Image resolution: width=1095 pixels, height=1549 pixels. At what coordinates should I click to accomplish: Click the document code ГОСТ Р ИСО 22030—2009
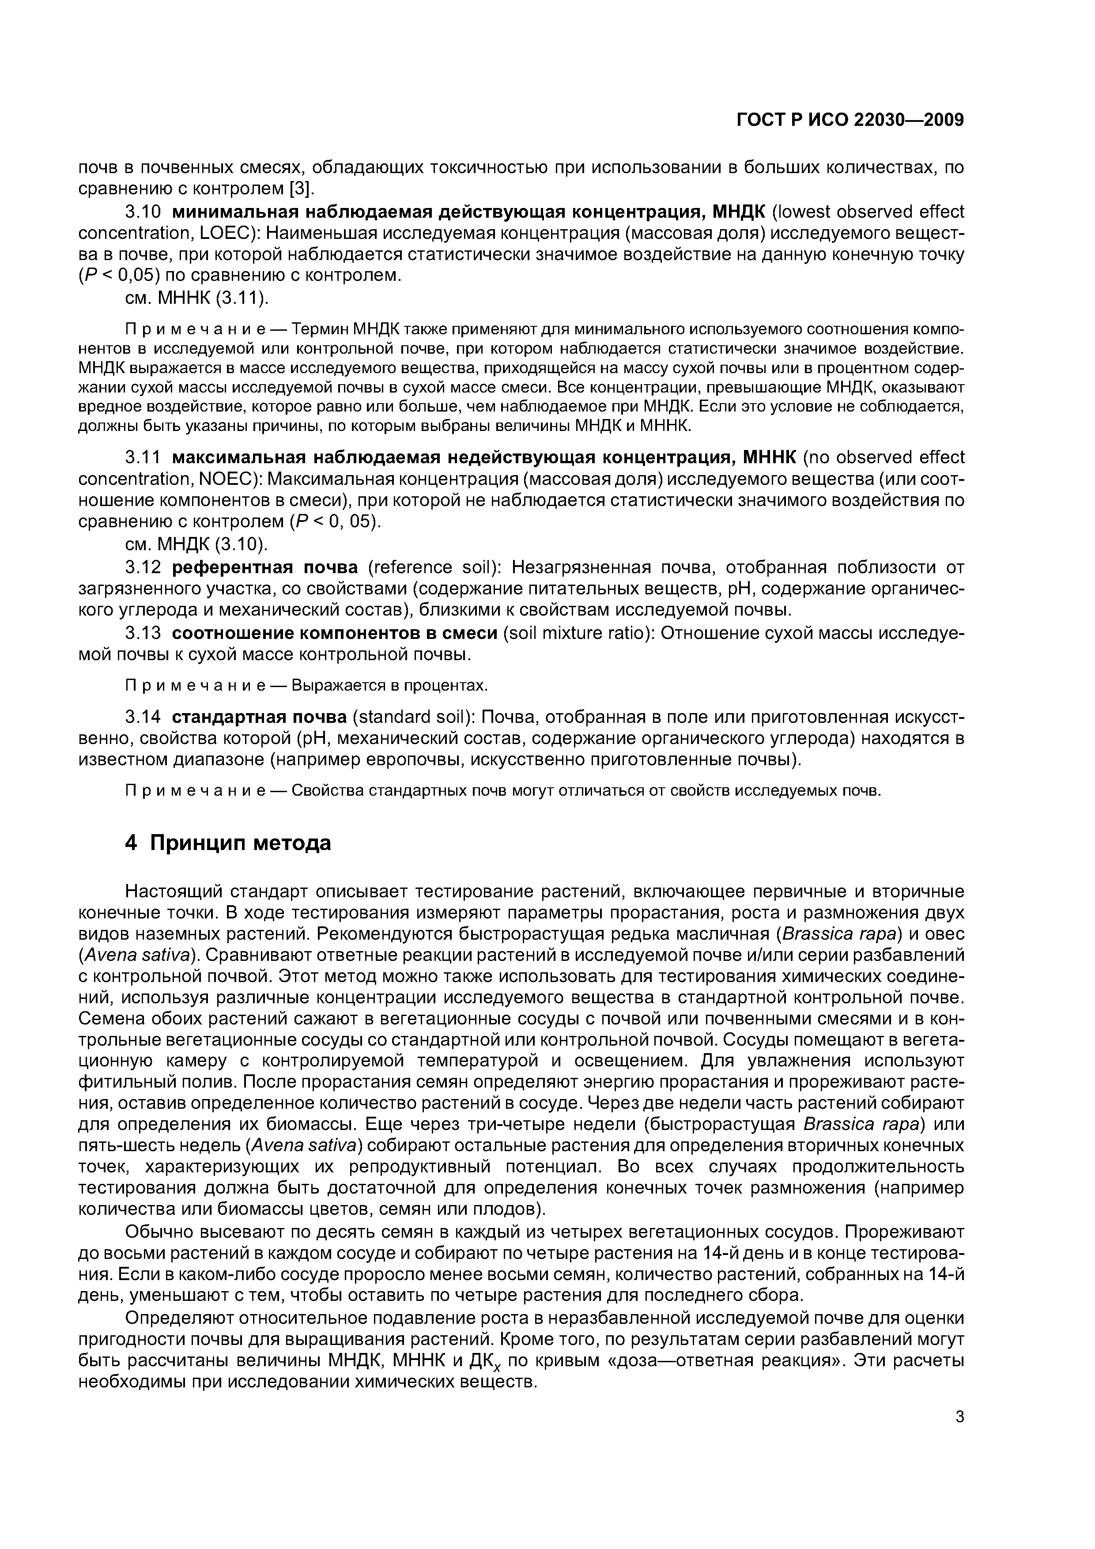pos(850,120)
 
